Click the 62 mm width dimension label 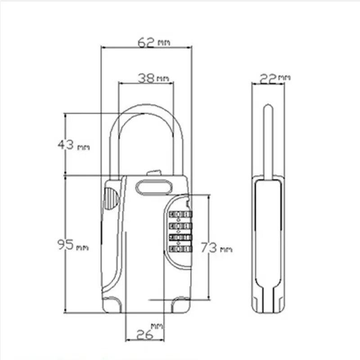(x=154, y=42)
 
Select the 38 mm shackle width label (x=153, y=78)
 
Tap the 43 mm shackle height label (x=73, y=145)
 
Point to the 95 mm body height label (x=73, y=245)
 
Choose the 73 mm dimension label (x=216, y=248)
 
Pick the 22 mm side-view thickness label (x=275, y=79)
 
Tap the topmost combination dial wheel (x=180, y=215)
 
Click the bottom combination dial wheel (x=180, y=249)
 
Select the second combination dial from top (x=180, y=226)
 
